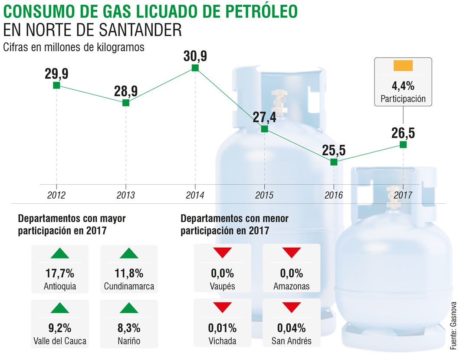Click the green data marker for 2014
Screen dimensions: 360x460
pos(195,68)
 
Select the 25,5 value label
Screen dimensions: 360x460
pos(334,150)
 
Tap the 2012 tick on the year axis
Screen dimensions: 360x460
pos(56,195)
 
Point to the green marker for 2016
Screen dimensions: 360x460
pos(334,162)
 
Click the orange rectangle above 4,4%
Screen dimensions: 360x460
pos(403,66)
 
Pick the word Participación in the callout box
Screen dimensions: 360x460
pos(403,99)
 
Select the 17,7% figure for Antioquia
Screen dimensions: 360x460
pos(60,274)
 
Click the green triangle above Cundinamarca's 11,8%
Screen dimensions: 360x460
pos(129,253)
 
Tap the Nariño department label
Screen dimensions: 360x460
pos(129,341)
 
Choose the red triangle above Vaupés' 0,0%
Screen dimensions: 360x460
pos(222,252)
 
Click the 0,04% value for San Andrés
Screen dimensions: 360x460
pos(292,328)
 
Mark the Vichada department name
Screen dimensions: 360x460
pos(222,341)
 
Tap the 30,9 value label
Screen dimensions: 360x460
pos(195,56)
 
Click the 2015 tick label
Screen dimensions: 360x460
pos(264,195)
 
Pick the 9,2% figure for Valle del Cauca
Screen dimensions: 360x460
pos(60,328)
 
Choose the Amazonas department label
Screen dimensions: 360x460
pos(292,286)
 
